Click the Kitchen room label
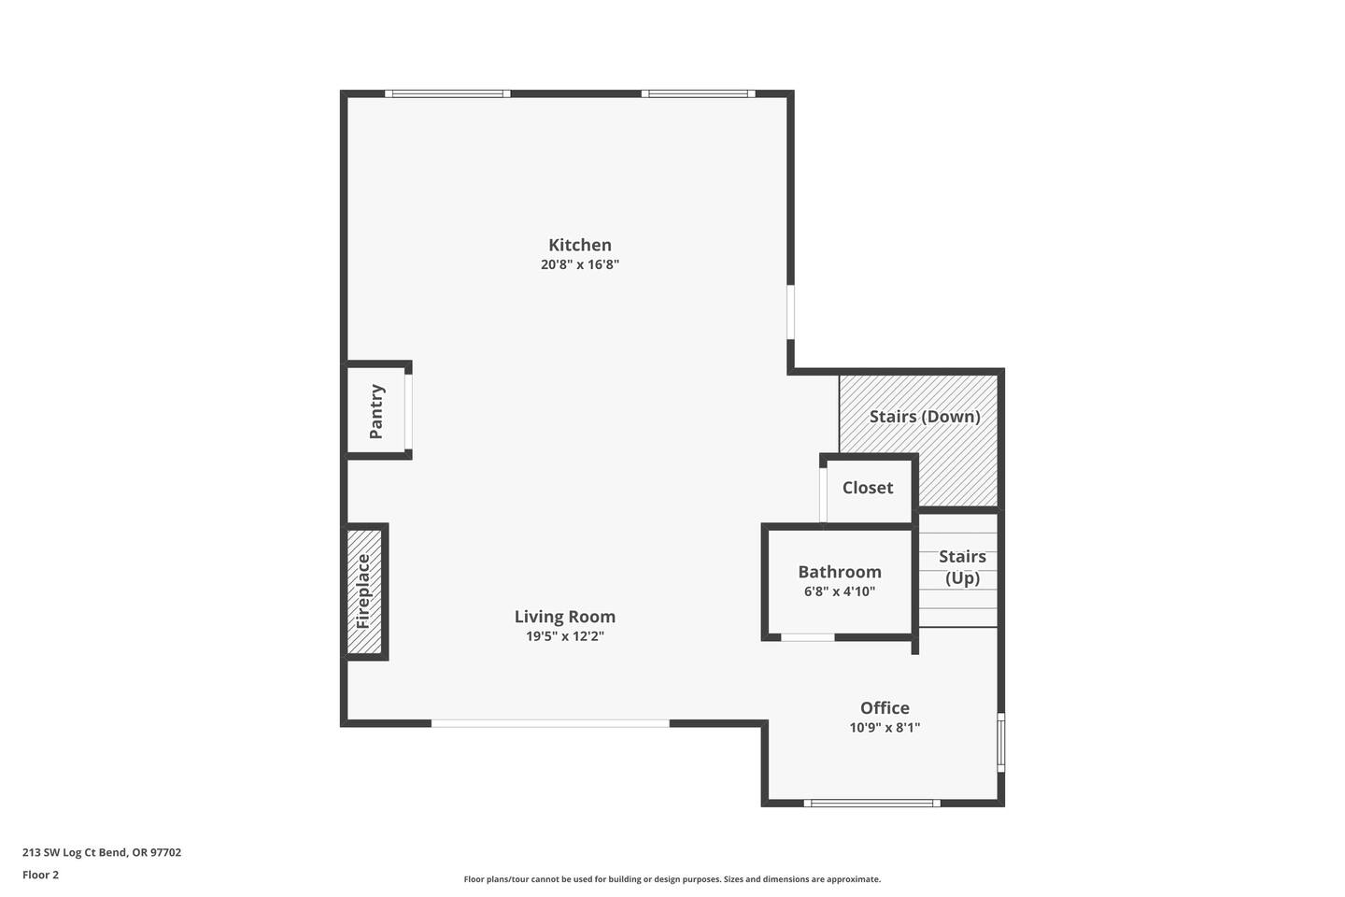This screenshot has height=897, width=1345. click(580, 245)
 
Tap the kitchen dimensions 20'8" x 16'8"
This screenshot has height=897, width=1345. click(580, 264)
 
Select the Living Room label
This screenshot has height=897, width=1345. click(565, 617)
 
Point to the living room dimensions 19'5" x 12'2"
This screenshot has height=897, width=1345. click(565, 636)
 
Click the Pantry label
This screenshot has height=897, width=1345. click(376, 411)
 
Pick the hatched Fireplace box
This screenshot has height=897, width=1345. click(364, 591)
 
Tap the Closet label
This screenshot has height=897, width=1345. click(868, 488)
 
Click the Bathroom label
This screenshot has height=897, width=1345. click(840, 572)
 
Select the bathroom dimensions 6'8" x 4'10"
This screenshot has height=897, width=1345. click(840, 591)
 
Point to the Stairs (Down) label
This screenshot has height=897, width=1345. click(925, 417)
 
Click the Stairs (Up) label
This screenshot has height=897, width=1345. click(962, 567)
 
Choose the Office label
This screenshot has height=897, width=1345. click(885, 707)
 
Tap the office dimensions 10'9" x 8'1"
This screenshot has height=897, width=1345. click(885, 728)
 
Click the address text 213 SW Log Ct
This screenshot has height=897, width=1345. click(75, 852)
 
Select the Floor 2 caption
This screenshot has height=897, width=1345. click(41, 875)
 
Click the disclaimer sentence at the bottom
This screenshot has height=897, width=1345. click(672, 879)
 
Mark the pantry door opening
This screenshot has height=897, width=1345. click(408, 411)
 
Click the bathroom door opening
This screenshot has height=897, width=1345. click(808, 637)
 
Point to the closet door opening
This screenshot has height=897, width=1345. click(823, 494)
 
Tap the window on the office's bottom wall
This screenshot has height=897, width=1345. click(871, 804)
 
